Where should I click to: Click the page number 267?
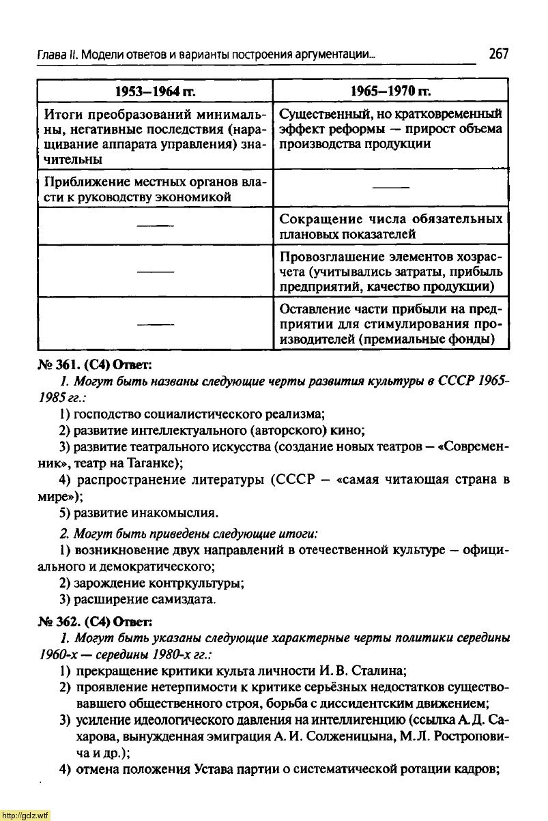(499, 54)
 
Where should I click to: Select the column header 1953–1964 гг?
(155, 91)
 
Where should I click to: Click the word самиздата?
(185, 599)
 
